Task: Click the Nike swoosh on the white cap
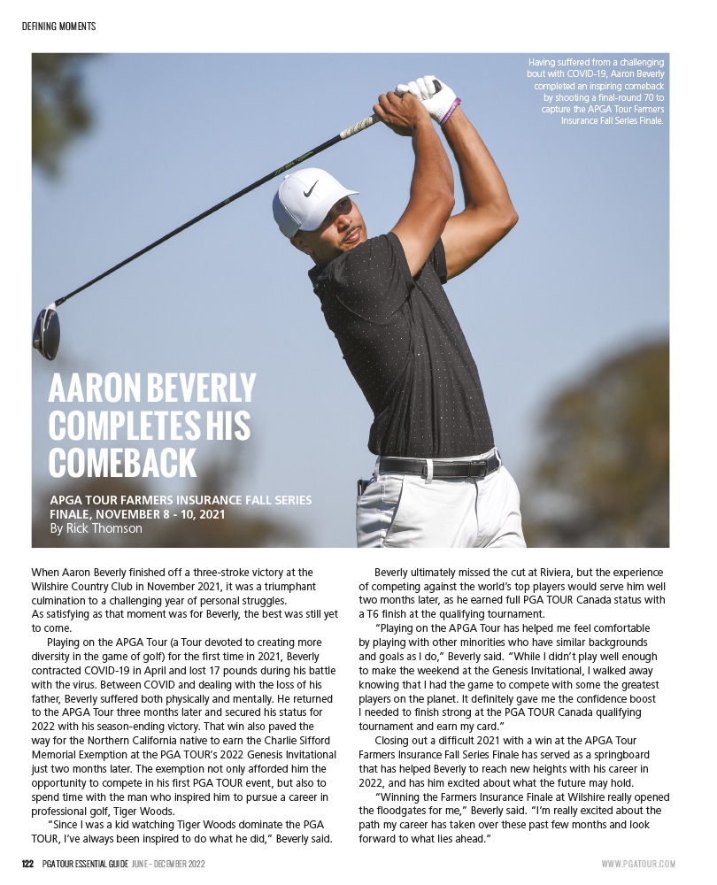tap(310, 188)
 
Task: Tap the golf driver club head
tap(46, 331)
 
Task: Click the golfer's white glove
tap(428, 96)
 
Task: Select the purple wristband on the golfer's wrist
tap(451, 112)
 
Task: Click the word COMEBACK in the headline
tap(122, 463)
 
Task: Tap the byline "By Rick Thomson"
tap(96, 528)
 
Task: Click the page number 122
tap(28, 864)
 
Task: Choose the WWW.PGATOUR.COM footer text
tap(638, 864)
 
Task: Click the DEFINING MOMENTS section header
tap(59, 27)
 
